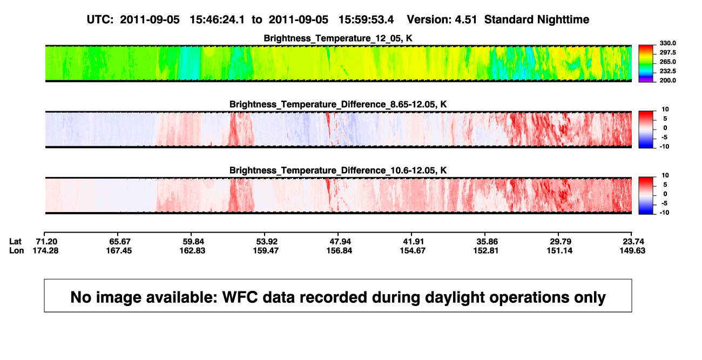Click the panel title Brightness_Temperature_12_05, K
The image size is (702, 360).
point(338,38)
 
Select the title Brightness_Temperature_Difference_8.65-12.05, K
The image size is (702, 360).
point(338,104)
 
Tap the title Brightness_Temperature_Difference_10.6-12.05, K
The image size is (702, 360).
point(338,171)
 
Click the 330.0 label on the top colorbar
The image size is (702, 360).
point(667,43)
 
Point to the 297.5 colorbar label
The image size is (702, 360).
point(667,52)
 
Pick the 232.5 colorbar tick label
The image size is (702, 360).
point(667,71)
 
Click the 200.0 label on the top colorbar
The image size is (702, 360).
point(667,80)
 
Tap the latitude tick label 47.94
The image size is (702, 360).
point(340,242)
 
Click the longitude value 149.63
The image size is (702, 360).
point(632,250)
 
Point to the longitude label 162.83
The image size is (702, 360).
point(192,250)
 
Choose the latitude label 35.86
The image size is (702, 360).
point(487,242)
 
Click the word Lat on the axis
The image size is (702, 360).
point(15,242)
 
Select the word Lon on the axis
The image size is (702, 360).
point(16,250)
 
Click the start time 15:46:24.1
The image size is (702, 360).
point(217,20)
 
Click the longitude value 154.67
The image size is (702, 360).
point(413,250)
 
